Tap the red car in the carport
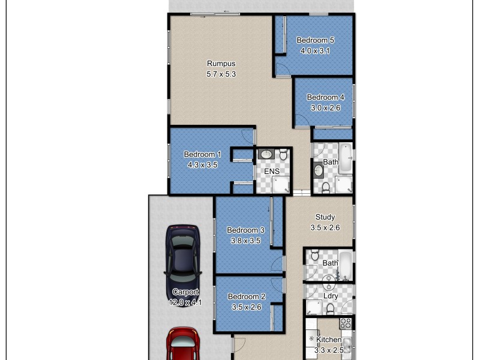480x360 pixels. [x=182, y=345]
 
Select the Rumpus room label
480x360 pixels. [x=221, y=64]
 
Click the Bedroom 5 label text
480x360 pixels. [x=315, y=40]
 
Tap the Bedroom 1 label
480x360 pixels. [x=202, y=154]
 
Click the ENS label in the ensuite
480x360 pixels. [x=272, y=171]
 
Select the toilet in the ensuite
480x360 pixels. [x=283, y=155]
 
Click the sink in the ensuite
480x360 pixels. [x=266, y=155]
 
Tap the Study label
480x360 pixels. [x=325, y=217]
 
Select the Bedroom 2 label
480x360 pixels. [x=247, y=296]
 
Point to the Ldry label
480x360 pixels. [x=331, y=296]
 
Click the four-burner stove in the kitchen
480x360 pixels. [x=346, y=323]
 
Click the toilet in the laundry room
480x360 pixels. [x=330, y=308]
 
